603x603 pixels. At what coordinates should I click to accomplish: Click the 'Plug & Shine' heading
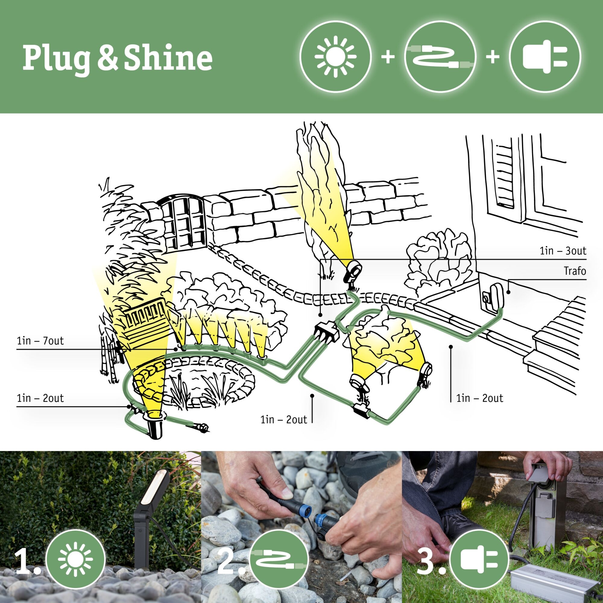[117, 58]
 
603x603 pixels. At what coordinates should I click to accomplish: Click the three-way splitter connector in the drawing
[326, 333]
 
